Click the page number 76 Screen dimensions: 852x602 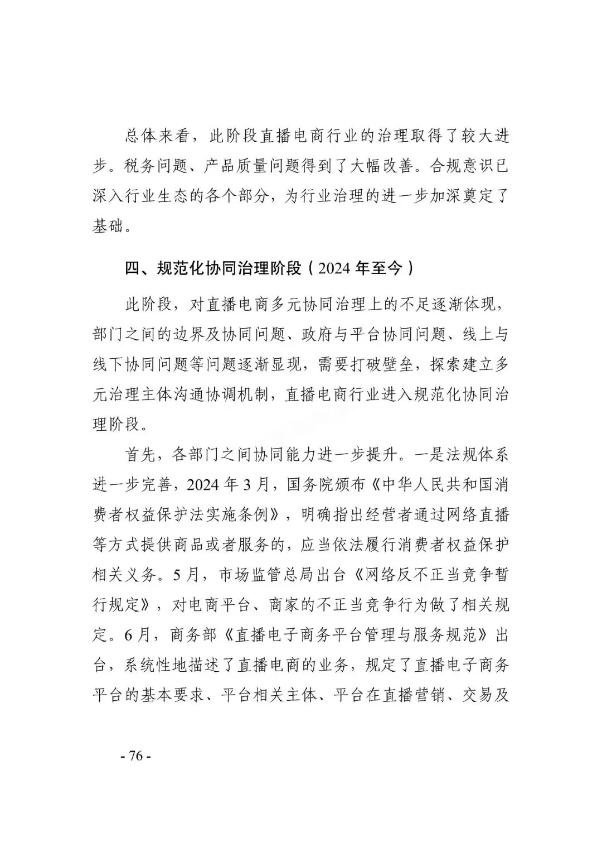pos(135,756)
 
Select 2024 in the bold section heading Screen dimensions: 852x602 pos(334,269)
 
